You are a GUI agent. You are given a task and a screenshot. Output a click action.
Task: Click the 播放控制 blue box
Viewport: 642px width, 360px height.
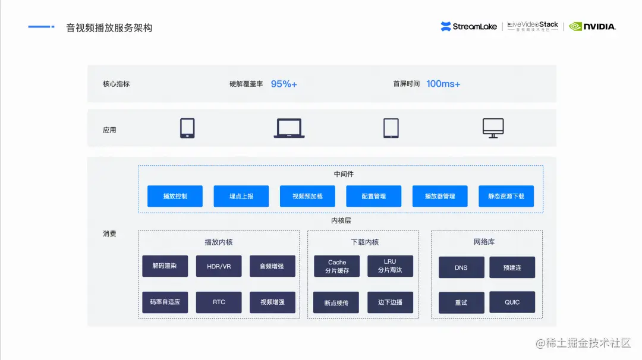pos(175,196)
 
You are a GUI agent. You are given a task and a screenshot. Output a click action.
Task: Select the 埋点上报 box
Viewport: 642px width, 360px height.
pos(241,196)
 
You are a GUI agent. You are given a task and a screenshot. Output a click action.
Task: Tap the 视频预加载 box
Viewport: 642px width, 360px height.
pos(307,196)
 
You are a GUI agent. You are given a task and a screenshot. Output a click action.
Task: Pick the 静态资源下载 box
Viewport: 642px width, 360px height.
pos(506,196)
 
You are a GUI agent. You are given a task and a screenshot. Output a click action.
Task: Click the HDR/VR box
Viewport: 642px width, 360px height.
pos(219,266)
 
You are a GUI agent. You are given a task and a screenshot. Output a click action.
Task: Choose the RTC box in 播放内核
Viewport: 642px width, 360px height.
pos(219,302)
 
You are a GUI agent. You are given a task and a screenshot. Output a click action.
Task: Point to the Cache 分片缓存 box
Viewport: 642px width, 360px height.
pos(337,266)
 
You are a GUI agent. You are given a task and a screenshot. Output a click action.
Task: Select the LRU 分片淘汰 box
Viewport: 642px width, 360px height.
pos(390,266)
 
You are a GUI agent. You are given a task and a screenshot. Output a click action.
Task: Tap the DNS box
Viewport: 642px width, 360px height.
pos(461,267)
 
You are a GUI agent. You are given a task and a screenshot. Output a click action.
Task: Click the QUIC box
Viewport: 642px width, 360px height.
pos(512,302)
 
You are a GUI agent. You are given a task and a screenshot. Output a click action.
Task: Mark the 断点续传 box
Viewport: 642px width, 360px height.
pos(337,302)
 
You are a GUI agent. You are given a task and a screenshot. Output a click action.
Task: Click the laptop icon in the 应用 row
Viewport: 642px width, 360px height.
pos(289,128)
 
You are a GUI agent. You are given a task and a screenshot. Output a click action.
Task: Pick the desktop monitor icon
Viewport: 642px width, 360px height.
pos(493,128)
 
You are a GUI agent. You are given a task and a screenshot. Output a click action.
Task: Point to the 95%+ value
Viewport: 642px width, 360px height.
pos(284,84)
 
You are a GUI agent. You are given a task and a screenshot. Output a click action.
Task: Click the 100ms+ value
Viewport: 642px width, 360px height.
pos(443,84)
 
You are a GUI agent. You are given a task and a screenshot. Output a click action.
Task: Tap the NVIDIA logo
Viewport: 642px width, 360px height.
pos(592,26)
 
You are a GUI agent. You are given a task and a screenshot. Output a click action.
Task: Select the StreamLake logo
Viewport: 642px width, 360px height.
pos(469,26)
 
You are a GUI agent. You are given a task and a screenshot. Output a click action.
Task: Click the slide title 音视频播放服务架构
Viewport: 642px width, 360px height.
pos(109,28)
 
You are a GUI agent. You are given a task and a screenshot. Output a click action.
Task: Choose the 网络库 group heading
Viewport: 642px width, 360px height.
pos(484,242)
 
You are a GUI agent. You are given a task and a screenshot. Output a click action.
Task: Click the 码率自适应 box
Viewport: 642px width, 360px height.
pos(165,302)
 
